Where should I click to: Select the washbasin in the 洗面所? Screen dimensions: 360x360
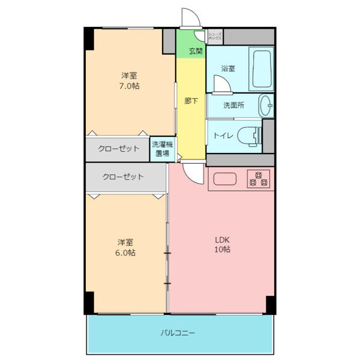click(x=266, y=106)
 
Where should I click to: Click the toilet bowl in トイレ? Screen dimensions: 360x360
click(x=251, y=136)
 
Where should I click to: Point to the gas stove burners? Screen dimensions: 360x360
click(x=259, y=178)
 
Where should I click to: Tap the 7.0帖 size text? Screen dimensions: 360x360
click(x=129, y=86)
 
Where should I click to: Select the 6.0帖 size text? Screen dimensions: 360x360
click(x=125, y=253)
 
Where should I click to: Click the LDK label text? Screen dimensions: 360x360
click(x=223, y=240)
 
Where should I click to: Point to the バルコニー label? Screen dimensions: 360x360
click(x=178, y=332)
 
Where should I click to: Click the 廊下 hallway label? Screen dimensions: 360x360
click(x=191, y=101)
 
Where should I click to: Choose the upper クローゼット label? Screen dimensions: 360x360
click(x=119, y=149)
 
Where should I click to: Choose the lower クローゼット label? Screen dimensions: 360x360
click(x=123, y=177)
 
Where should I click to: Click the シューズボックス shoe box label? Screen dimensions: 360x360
click(x=215, y=36)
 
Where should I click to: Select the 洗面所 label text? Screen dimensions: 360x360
click(x=233, y=106)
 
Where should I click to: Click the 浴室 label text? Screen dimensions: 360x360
click(x=227, y=68)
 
